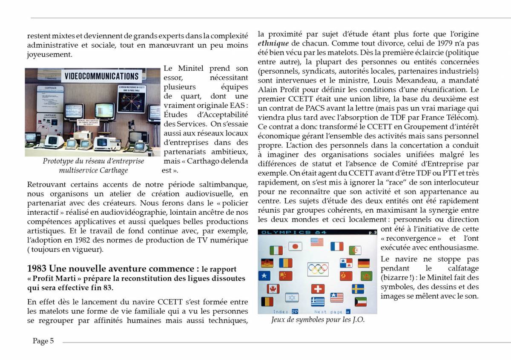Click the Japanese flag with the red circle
295,246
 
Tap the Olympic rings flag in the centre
318,269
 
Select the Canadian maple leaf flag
273,289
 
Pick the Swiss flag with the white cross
318,289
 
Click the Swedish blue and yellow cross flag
358,289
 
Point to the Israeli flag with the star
292,297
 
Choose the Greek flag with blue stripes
318,301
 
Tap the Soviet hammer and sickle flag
346,275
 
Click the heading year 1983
37,269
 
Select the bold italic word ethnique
273,43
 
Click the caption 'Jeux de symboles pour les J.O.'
318,320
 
